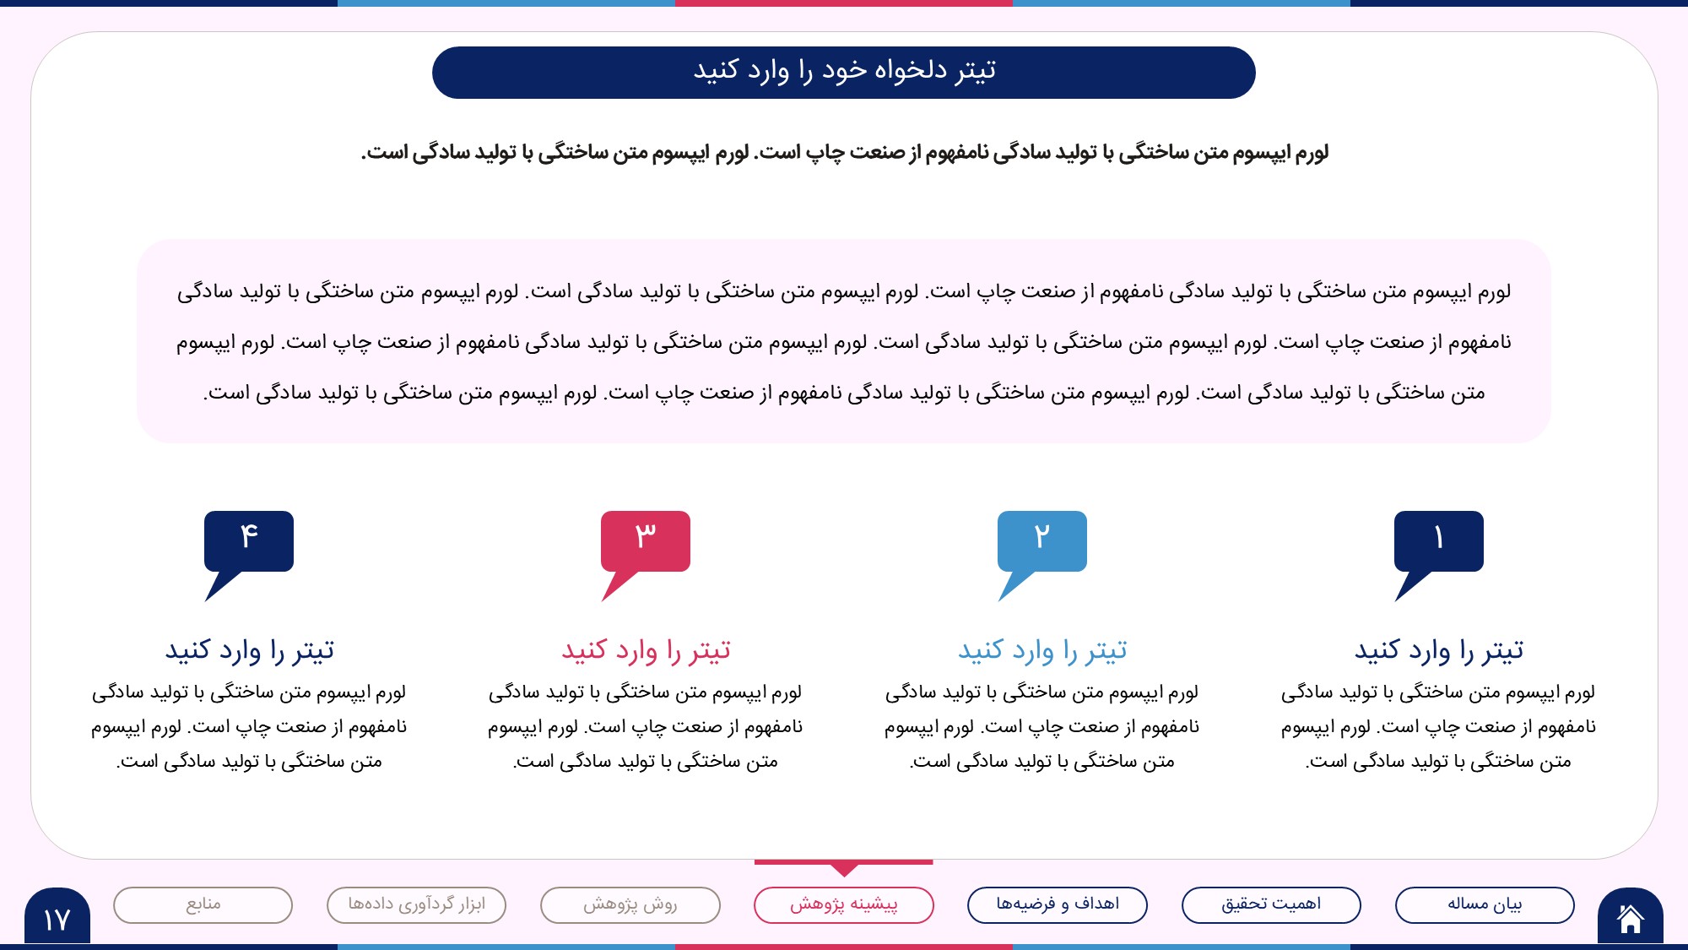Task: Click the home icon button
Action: pos(1630,916)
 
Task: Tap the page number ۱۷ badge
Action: pos(57,916)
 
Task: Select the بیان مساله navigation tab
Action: pos(1485,905)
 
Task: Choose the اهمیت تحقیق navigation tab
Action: pos(1271,905)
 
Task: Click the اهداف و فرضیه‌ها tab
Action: pos(1058,905)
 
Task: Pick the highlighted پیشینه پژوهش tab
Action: pos(844,905)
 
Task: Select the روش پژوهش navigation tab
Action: pos(630,905)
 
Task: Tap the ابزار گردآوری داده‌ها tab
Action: pos(417,905)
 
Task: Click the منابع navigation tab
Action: pos(203,905)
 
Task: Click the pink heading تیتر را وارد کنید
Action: pos(646,650)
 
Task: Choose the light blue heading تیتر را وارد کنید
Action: pos(1042,650)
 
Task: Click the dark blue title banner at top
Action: pos(844,73)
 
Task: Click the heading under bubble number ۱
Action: pos(1439,650)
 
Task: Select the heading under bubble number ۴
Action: pos(249,650)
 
